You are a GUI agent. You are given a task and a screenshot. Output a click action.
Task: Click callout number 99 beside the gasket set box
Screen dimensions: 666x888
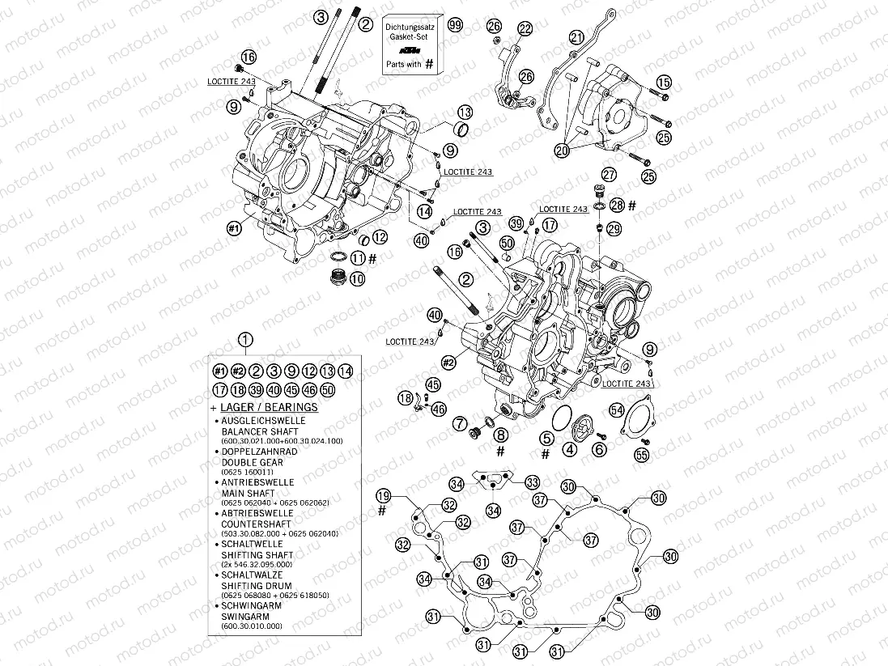pos(456,25)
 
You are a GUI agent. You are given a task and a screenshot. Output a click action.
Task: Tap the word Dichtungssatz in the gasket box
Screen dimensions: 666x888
pos(410,28)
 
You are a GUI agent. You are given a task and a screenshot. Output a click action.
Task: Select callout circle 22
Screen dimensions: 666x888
pos(525,29)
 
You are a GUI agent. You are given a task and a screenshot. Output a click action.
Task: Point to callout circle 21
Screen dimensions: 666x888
pos(576,37)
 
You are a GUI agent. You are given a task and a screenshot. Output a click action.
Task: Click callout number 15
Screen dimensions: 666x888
pos(664,82)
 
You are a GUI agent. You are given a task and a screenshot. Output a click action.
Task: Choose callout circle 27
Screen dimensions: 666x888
pos(609,173)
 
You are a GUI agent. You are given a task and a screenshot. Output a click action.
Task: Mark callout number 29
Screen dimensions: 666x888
pos(614,230)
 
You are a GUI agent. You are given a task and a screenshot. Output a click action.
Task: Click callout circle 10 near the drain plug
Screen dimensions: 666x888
pos(357,278)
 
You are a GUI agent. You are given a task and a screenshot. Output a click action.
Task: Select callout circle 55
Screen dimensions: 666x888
pos(641,456)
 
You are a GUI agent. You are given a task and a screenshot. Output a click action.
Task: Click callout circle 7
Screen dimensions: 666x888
pos(459,422)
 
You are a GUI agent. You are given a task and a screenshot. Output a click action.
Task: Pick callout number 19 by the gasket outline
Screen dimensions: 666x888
pos(383,495)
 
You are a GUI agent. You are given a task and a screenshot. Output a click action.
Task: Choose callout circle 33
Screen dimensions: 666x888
pos(532,481)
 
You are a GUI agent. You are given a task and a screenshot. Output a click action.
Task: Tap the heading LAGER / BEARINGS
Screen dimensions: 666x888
pos(268,407)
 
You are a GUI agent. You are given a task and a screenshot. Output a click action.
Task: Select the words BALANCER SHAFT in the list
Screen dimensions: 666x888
pos(259,431)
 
